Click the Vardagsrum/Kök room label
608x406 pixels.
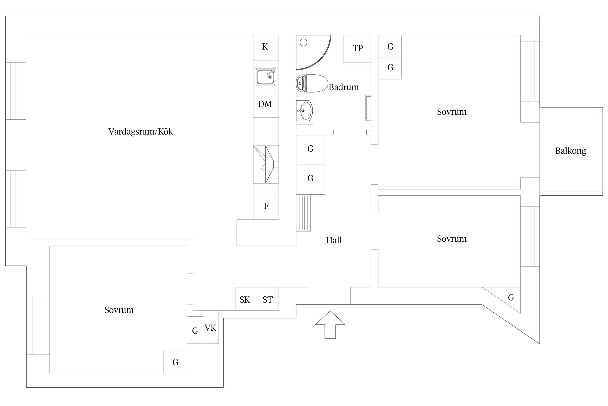141,132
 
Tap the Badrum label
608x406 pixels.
343,87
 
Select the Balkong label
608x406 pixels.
570,151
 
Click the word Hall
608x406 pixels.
333,240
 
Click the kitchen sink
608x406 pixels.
265,77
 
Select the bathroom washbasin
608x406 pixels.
305,110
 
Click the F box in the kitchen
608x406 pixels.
266,206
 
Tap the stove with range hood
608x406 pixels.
266,164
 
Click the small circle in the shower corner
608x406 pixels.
303,42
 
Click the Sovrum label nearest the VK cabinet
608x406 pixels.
119,310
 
